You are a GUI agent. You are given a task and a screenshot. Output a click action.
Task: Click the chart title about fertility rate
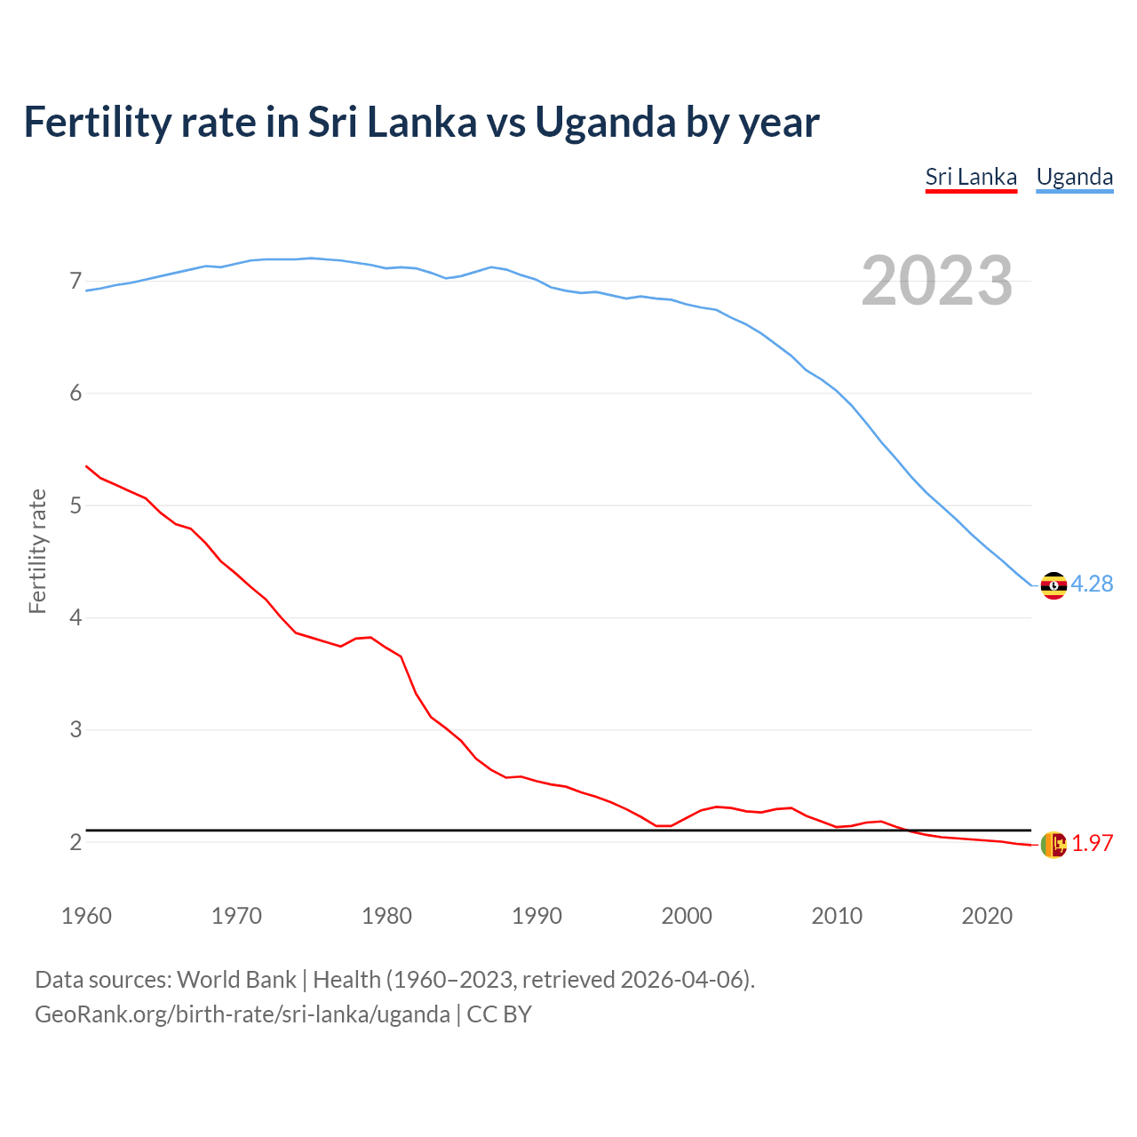tap(421, 122)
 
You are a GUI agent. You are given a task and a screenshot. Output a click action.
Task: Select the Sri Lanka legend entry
tap(971, 177)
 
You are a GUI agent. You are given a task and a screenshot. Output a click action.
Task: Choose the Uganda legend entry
tap(1074, 177)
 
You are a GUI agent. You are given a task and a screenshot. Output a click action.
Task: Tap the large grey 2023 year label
tap(936, 281)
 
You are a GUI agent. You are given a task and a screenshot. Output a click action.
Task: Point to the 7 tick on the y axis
tap(76, 282)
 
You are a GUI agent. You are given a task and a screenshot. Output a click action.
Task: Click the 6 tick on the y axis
tap(76, 394)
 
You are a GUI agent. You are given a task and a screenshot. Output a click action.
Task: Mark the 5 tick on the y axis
tap(76, 505)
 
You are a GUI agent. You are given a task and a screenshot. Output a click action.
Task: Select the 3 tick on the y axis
tap(76, 729)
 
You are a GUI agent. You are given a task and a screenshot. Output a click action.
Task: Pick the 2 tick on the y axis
tap(76, 842)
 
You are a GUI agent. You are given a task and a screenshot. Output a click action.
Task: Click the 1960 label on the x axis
tap(86, 916)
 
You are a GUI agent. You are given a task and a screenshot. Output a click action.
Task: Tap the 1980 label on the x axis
tap(386, 916)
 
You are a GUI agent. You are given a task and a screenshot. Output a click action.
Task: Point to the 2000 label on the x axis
tap(687, 916)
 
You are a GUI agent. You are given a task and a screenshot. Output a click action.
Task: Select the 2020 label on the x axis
tap(987, 916)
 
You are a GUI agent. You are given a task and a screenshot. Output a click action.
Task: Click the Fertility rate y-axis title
tap(37, 551)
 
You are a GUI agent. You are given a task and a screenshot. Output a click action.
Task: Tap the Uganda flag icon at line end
tap(1054, 585)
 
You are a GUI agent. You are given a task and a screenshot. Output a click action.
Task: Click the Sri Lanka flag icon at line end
tap(1054, 845)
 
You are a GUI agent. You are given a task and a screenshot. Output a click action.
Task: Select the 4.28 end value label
tap(1092, 584)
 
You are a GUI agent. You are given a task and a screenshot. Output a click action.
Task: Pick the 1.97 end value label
tap(1092, 844)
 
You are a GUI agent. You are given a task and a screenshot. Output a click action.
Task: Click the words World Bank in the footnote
tap(236, 980)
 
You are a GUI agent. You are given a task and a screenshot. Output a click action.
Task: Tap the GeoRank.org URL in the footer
tap(242, 1014)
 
